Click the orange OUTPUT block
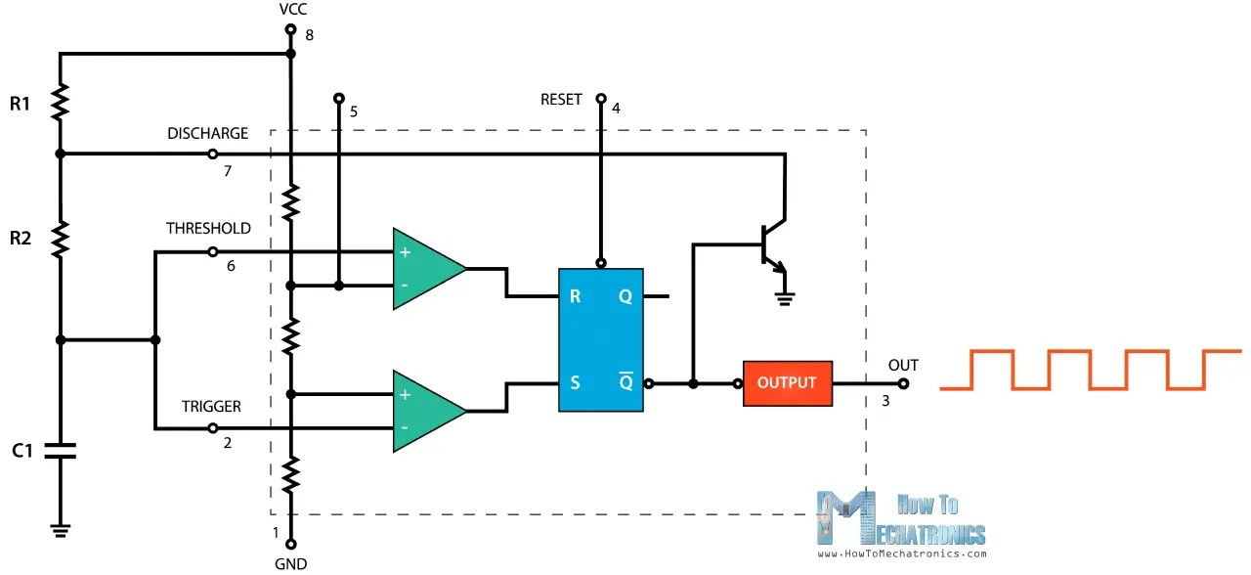coord(787,383)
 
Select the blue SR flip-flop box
coord(600,339)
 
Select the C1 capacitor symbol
coord(60,451)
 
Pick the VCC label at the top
coord(290,10)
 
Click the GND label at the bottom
coord(290,563)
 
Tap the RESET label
coord(561,100)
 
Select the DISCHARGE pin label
coord(207,133)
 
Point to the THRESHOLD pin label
coord(208,228)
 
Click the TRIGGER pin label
coord(211,406)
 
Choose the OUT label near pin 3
coord(903,365)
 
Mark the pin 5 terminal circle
coord(338,98)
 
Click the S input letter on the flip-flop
coord(575,383)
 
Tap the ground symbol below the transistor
coord(783,297)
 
